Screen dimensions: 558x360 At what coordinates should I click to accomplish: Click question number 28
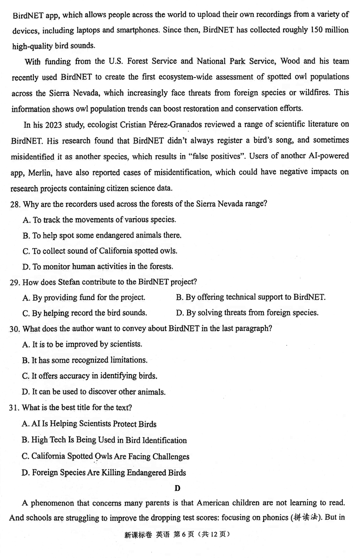(15, 204)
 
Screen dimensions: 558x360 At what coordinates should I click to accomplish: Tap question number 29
(15, 282)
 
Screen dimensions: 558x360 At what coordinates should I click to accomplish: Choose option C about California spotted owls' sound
(100, 251)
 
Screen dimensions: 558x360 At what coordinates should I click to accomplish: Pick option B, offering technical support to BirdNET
(250, 297)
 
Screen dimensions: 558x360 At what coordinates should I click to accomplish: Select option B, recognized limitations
(85, 360)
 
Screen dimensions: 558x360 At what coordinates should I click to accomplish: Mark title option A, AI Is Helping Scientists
(89, 424)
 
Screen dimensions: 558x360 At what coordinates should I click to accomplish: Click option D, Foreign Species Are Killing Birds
(104, 473)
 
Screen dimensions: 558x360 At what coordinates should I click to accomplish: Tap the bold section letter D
(178, 488)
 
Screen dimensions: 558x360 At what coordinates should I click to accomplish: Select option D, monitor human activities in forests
(98, 267)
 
